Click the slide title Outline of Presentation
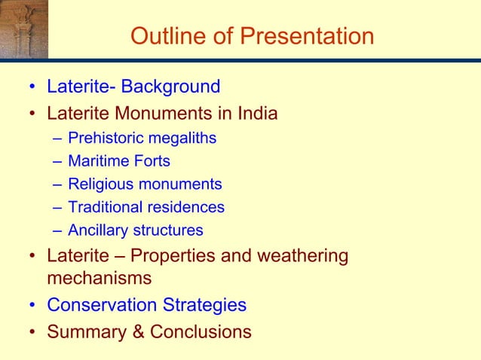coord(252,35)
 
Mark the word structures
coord(167,230)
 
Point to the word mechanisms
coord(99,278)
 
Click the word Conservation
coord(102,305)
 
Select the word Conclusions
coord(201,331)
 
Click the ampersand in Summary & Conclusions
coord(138,331)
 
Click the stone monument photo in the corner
coord(23,29)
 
